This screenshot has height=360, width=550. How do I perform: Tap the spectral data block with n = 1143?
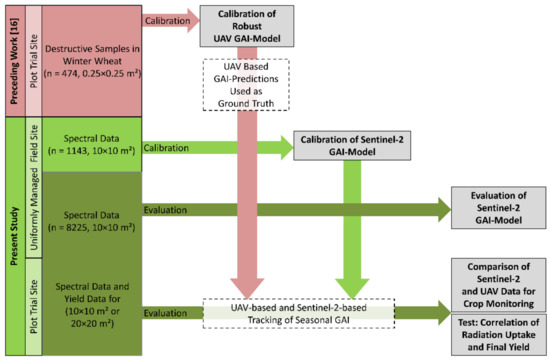[x=95, y=147]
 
